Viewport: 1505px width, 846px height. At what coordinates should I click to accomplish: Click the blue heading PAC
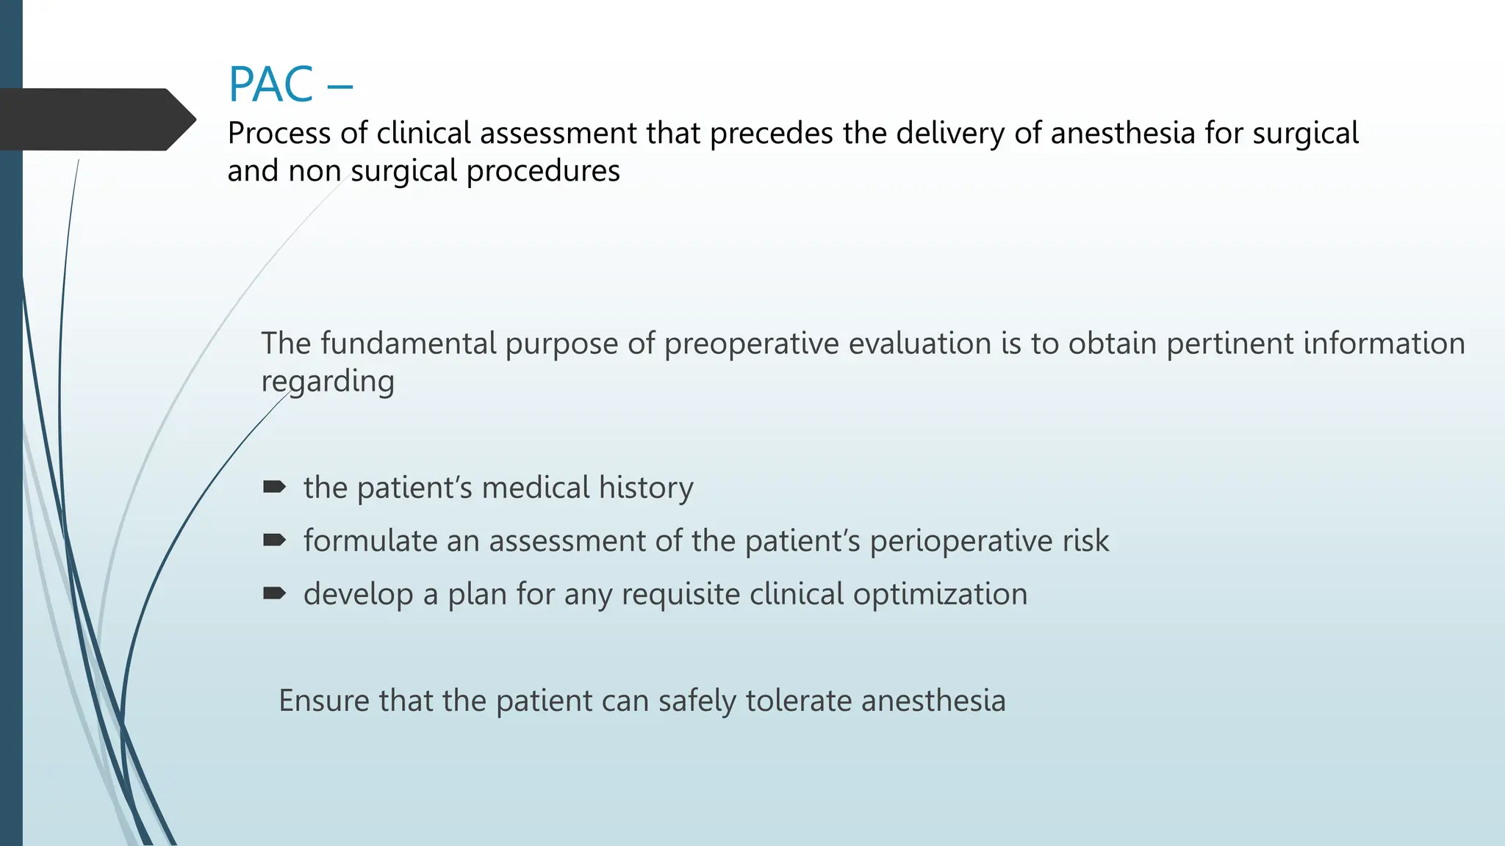pos(271,84)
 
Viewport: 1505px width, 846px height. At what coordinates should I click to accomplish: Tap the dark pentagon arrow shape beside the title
pos(96,120)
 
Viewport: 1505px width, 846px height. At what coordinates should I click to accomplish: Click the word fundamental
pos(408,344)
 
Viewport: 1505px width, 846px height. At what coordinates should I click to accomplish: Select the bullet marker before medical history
pos(274,487)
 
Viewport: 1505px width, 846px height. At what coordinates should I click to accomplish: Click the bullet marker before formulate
pos(274,540)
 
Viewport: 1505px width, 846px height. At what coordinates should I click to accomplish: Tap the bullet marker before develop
pos(274,593)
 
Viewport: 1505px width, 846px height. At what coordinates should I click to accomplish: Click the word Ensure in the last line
pos(324,701)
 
